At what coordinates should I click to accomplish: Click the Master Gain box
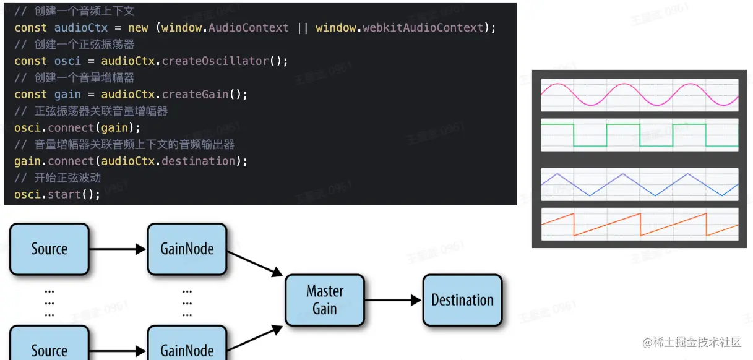coord(324,300)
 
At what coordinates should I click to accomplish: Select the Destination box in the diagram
coord(462,300)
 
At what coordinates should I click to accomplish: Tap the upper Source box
coord(49,249)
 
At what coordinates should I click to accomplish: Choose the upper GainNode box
coord(187,249)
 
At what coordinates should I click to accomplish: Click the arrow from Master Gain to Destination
coord(393,301)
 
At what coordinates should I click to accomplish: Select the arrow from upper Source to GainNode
coord(118,249)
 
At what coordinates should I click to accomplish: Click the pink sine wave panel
coord(640,95)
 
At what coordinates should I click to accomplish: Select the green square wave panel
coord(640,134)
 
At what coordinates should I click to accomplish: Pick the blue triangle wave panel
coord(640,184)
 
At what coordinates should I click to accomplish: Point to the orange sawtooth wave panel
coord(640,224)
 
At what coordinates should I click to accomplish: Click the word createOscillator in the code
coord(215,61)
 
